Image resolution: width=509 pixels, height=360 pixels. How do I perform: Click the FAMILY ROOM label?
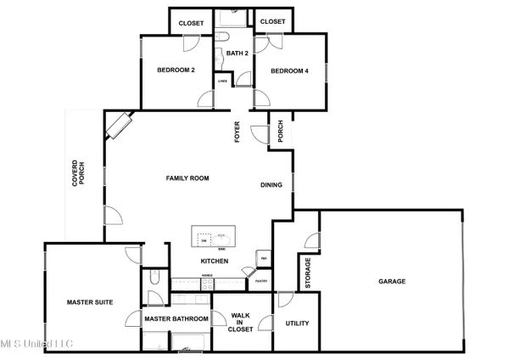click(x=187, y=178)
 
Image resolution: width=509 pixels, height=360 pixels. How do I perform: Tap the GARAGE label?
click(x=391, y=282)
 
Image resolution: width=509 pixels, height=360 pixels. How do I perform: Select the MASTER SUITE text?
click(x=90, y=302)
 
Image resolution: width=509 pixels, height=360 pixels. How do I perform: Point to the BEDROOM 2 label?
click(x=176, y=70)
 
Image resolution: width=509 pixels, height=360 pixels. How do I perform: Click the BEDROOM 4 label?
click(x=288, y=70)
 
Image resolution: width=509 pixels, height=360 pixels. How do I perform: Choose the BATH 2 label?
click(x=235, y=54)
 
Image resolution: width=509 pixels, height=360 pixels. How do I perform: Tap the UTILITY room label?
click(x=297, y=323)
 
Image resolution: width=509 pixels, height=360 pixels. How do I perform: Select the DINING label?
click(x=271, y=185)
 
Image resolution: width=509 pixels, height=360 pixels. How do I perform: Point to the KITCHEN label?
click(x=213, y=261)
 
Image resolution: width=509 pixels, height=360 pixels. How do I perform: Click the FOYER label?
click(x=238, y=133)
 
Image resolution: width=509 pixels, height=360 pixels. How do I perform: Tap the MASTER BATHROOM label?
click(x=176, y=319)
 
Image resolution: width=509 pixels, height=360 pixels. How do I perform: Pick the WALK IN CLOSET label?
click(x=240, y=323)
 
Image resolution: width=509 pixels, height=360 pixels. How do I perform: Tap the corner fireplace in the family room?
click(x=118, y=125)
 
